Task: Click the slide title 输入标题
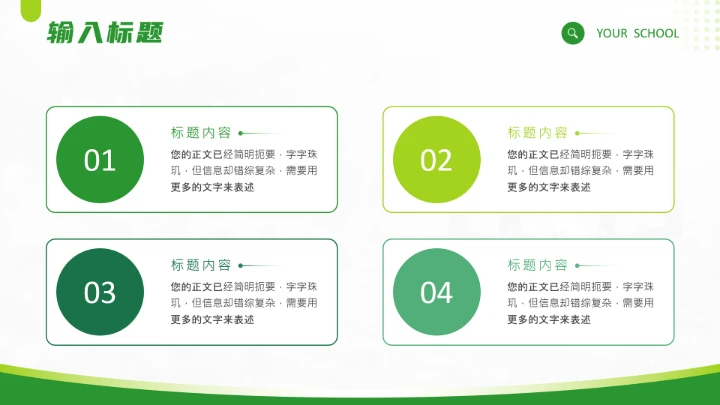104,34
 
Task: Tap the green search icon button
573,33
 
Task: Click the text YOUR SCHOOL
637,33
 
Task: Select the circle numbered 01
100,160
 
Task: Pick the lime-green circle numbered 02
437,160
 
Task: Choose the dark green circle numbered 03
100,292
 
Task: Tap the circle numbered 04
437,292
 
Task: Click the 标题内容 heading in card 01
201,132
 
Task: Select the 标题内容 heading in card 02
538,132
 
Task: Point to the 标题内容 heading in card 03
201,265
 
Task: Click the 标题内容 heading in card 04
538,265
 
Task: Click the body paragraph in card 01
244,170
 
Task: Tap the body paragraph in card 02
581,170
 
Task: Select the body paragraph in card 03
244,303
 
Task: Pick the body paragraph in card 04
581,303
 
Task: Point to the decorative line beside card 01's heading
259,133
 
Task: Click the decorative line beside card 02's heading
596,133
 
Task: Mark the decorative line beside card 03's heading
259,266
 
